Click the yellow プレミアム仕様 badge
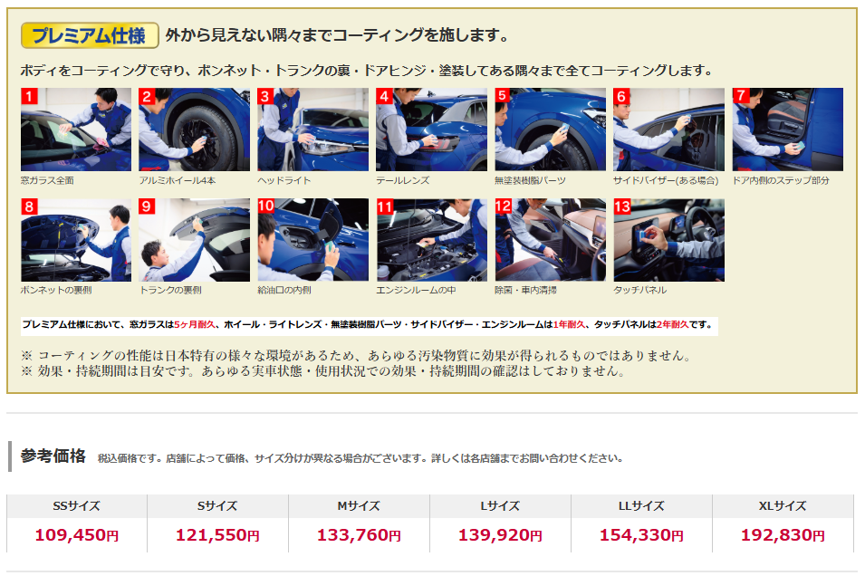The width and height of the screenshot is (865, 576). [x=90, y=35]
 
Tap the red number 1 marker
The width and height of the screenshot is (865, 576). [x=29, y=96]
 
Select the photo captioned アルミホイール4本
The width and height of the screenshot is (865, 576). [x=194, y=130]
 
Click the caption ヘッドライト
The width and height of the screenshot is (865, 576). [x=284, y=180]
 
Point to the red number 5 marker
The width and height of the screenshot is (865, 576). [x=503, y=95]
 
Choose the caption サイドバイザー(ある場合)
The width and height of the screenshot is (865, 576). [x=666, y=180]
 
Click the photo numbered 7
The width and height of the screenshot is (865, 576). [x=788, y=130]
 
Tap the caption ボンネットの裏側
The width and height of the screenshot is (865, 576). [x=56, y=290]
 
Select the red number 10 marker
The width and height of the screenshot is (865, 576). [x=266, y=206]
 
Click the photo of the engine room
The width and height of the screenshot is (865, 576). [x=431, y=240]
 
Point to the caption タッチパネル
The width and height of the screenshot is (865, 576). [x=640, y=290]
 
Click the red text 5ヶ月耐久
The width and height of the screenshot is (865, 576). [x=195, y=324]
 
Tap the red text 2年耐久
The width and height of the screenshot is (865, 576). [x=672, y=324]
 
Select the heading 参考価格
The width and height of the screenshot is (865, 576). [x=53, y=456]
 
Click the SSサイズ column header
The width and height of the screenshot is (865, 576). [x=77, y=506]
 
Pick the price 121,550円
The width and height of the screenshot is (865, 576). [x=218, y=534]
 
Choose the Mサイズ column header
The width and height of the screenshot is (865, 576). [x=359, y=506]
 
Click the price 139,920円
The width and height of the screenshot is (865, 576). [x=500, y=534]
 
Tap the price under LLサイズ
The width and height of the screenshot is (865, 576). [x=641, y=534]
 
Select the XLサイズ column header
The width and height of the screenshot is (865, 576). [x=783, y=506]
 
